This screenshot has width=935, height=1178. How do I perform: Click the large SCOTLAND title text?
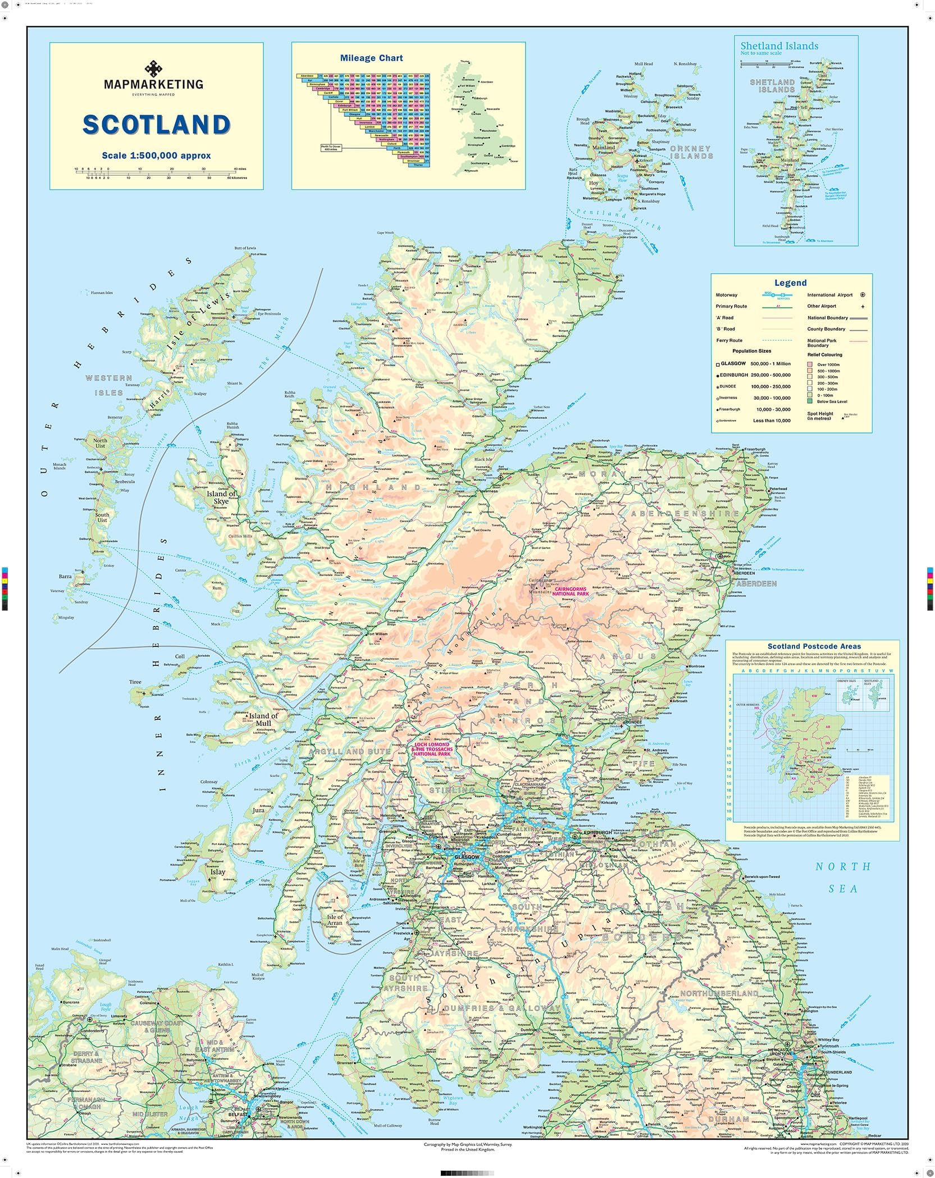point(156,125)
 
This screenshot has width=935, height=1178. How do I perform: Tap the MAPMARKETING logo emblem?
point(153,69)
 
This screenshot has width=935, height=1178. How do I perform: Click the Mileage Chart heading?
point(371,58)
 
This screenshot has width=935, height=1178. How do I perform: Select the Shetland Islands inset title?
point(779,46)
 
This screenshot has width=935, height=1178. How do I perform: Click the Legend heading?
point(790,283)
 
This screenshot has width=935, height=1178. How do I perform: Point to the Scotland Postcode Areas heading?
point(810,647)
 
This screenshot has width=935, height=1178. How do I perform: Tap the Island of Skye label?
point(221,497)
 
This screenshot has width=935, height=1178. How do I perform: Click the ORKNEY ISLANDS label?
point(691,152)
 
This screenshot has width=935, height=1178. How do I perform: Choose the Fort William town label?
point(377,634)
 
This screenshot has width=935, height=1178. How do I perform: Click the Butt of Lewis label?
point(245,248)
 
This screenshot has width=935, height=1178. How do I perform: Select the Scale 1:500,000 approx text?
point(156,156)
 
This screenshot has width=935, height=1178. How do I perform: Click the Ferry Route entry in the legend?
point(729,340)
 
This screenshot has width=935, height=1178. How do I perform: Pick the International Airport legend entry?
point(829,295)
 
